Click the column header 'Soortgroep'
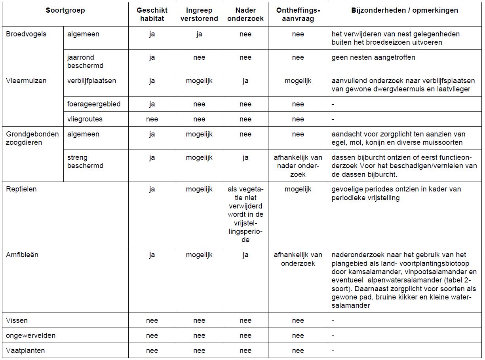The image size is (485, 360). pos(65,11)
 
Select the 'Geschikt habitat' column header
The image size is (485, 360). pos(152,15)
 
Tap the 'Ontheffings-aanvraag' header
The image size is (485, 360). pos(298,15)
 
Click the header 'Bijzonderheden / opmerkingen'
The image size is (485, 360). pos(405,11)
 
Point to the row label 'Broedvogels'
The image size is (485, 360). pos(26,34)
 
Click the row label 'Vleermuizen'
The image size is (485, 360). pos(26,81)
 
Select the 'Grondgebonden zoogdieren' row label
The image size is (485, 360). pos(32,138)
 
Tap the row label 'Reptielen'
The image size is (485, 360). pos(21,189)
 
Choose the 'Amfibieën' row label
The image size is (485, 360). pos(22,255)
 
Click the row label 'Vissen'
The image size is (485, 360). pos(17,320)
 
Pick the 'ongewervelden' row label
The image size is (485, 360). pos(30,335)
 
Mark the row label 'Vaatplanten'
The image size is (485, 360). pos(25,351)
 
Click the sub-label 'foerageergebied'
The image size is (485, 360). pos(94,104)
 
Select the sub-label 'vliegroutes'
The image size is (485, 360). pos(84,119)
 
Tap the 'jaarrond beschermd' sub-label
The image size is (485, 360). pos(85,61)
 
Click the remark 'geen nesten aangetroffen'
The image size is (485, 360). pos(373,57)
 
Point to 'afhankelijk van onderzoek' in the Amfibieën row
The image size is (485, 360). pos(298,259)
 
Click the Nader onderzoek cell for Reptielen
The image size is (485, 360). pos(245,214)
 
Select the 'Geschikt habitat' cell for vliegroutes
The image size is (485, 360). pos(152,119)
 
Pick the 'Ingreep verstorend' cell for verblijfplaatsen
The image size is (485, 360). pos(199,81)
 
